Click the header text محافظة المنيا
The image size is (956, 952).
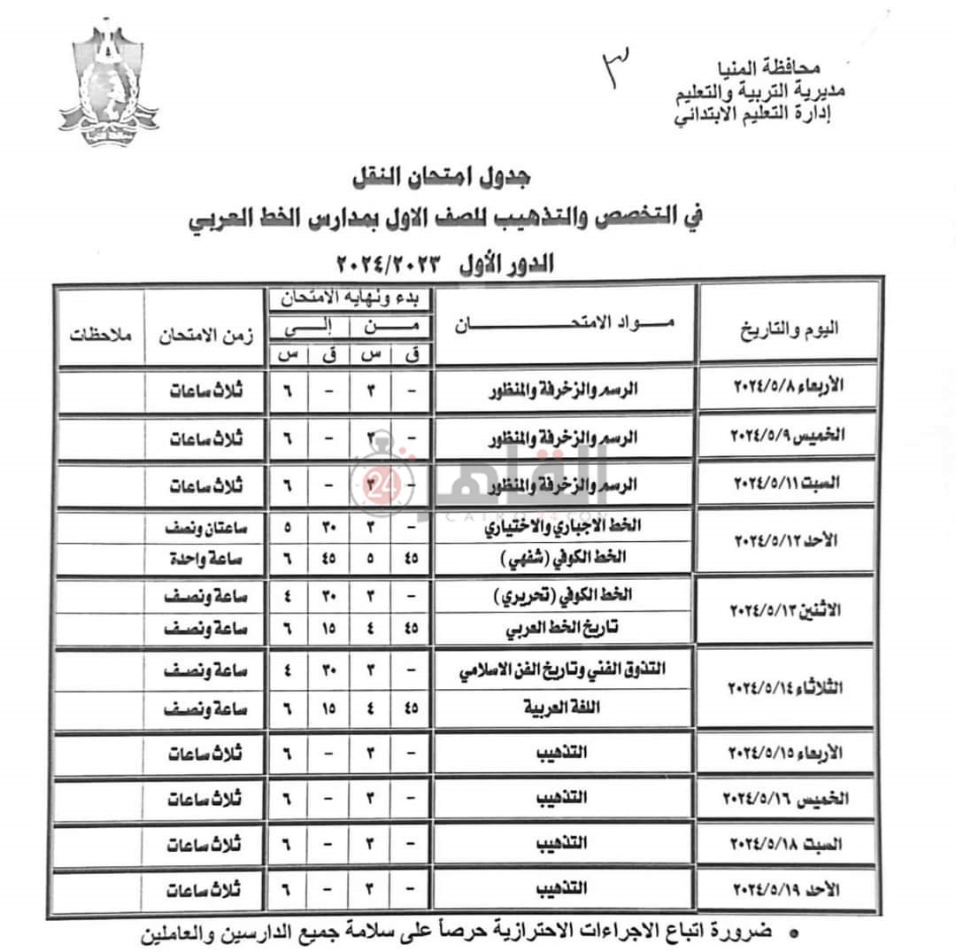779,67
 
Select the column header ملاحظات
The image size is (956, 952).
100,337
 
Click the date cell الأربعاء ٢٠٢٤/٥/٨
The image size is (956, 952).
788,387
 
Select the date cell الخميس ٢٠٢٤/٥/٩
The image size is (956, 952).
788,435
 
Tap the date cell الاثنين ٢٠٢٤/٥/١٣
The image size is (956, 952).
788,612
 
